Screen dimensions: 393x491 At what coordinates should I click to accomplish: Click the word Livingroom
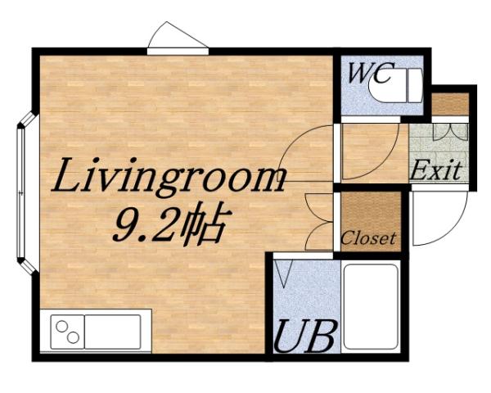point(170,176)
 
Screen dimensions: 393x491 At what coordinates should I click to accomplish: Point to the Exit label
point(435,171)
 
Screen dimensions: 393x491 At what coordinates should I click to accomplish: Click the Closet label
point(368,239)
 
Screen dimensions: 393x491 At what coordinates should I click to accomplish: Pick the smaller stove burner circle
point(74,338)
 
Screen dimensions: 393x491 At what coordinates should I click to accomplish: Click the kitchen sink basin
point(113,332)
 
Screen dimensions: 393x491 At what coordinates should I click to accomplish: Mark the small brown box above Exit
point(450,104)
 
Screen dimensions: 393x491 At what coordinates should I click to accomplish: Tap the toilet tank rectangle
point(414,84)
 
